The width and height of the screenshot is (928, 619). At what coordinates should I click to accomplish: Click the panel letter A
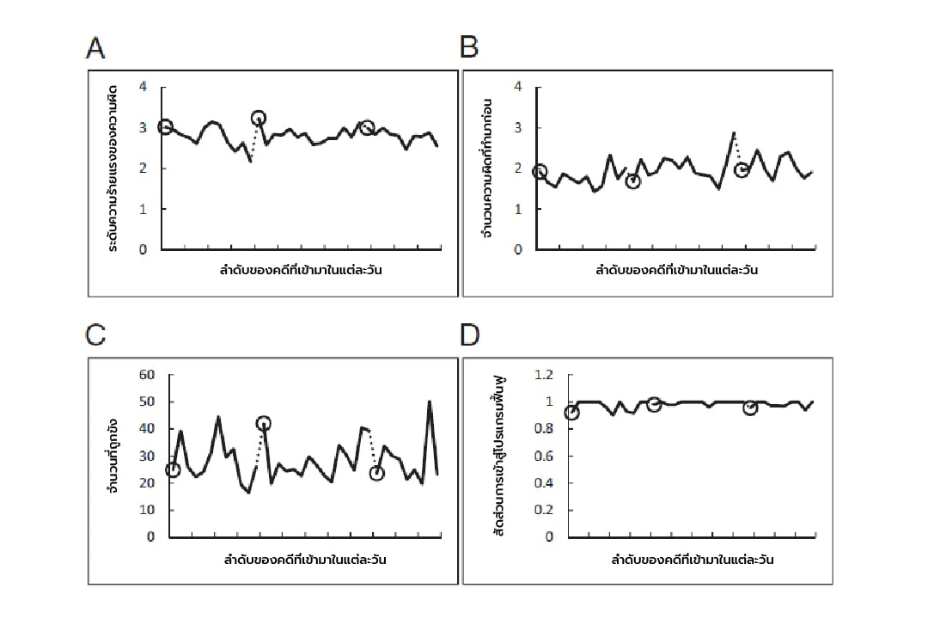click(x=96, y=48)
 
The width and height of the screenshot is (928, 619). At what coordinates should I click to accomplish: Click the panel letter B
click(x=469, y=48)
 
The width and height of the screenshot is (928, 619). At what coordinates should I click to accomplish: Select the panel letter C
click(x=96, y=334)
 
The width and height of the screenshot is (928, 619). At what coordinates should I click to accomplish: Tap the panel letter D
click(x=470, y=334)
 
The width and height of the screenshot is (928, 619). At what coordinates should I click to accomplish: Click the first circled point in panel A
click(x=165, y=127)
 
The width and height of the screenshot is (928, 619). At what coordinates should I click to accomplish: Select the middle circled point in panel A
click(x=259, y=118)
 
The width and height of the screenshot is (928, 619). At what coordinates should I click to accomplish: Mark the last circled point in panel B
click(x=742, y=170)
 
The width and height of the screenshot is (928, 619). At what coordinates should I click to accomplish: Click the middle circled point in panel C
click(x=264, y=423)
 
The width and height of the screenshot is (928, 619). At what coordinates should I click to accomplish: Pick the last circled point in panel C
click(x=376, y=473)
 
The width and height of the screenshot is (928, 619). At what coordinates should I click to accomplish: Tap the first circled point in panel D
click(x=571, y=413)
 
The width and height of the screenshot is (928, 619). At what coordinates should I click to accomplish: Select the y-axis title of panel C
click(x=113, y=456)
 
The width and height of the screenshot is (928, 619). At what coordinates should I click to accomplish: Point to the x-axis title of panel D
click(x=693, y=561)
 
